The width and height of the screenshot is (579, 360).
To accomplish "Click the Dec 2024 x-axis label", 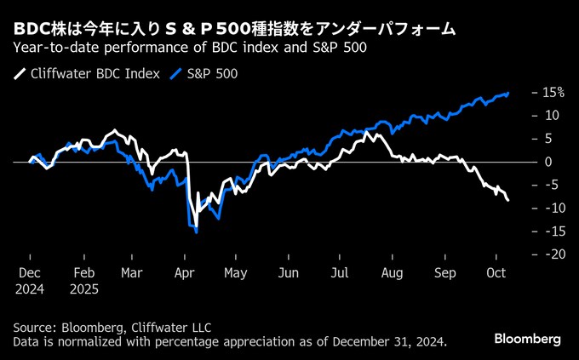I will pos(31,281).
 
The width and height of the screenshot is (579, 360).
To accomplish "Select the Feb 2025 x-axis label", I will pos(84,281).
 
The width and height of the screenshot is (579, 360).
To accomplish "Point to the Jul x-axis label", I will pos(340,274).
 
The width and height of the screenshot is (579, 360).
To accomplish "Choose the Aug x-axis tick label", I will pos(392,274).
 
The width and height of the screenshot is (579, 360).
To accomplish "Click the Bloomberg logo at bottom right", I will pos(528,339).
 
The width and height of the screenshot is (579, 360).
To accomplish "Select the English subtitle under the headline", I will pos(191,48).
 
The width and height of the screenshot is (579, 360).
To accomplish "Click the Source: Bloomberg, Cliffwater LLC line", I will pos(112,328).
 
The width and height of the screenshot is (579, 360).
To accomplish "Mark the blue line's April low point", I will pos(197,231).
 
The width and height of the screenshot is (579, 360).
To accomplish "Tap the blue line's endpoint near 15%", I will pos(509,93).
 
